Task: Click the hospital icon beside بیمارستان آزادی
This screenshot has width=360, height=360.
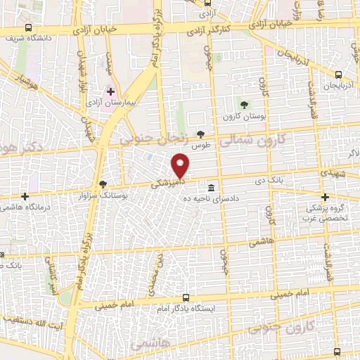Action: (x=110, y=91)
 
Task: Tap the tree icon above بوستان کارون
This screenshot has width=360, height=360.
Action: (x=244, y=105)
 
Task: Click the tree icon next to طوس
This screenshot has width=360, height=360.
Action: (x=201, y=134)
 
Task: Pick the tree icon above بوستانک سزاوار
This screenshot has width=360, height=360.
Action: (x=103, y=183)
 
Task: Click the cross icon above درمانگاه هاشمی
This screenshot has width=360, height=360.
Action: (x=25, y=196)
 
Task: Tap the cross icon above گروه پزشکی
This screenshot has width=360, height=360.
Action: (x=325, y=198)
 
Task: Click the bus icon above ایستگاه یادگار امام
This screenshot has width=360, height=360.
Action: (x=186, y=297)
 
